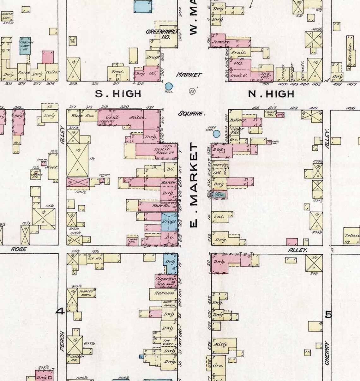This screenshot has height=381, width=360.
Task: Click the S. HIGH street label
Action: (x=118, y=94)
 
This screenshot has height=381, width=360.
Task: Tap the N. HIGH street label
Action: (x=271, y=94)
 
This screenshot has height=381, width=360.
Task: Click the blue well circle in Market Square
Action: (x=169, y=86)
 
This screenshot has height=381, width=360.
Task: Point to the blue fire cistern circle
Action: (x=216, y=134)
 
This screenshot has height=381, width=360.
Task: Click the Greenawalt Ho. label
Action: (x=163, y=34)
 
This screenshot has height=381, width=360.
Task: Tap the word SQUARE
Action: (x=192, y=113)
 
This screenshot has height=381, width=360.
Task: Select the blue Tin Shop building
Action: (x=219, y=195)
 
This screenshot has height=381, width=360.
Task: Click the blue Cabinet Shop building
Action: (x=25, y=45)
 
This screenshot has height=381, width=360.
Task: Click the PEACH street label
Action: (x=62, y=341)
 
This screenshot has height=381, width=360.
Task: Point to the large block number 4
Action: (x=60, y=311)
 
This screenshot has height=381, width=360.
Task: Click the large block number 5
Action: (x=329, y=314)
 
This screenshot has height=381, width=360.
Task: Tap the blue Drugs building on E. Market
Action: (x=169, y=221)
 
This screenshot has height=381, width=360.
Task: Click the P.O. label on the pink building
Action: (x=237, y=63)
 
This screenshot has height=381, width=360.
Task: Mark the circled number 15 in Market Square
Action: (x=192, y=91)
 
